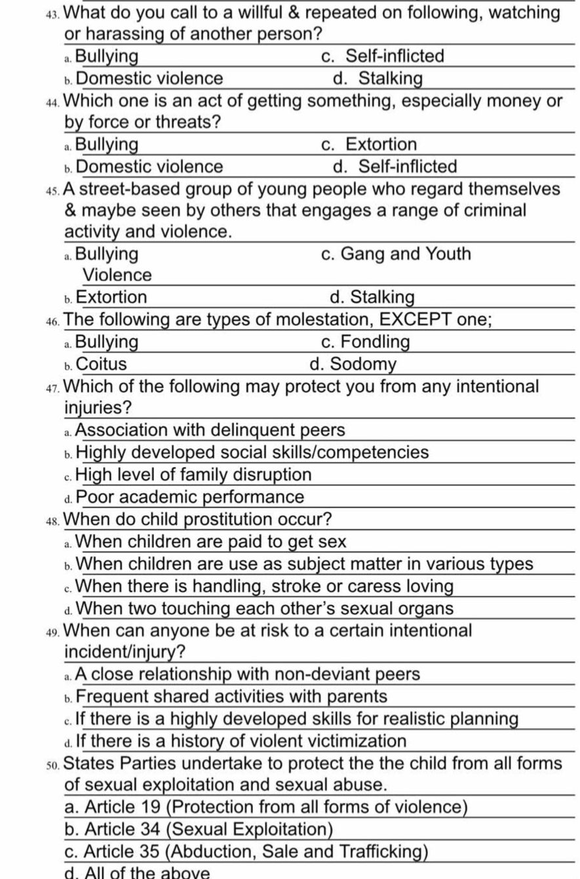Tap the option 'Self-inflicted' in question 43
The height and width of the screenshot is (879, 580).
click(x=395, y=56)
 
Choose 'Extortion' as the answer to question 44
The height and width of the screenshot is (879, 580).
click(x=381, y=144)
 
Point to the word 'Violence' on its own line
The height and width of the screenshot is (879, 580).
click(x=117, y=276)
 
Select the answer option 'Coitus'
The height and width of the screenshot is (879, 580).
click(x=102, y=364)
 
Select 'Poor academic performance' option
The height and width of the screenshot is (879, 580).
click(x=190, y=497)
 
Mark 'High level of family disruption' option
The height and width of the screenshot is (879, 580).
click(x=193, y=475)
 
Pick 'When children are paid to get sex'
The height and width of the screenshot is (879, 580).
click(x=211, y=542)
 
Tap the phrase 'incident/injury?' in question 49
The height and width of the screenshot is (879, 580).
click(x=125, y=653)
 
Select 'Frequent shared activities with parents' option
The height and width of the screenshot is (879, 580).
click(x=231, y=697)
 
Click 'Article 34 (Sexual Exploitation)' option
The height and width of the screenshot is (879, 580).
click(x=199, y=830)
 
